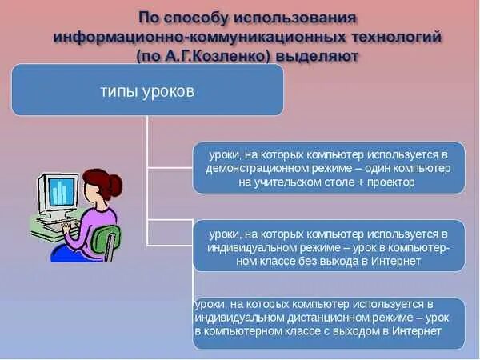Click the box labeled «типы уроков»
click(x=147, y=90)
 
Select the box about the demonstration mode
click(x=328, y=168)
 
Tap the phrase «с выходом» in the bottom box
click(x=345, y=331)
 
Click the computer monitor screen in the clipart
click(x=58, y=192)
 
